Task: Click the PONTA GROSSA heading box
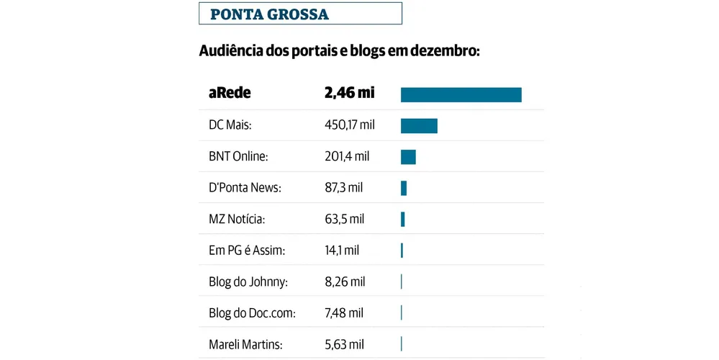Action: pos(300,14)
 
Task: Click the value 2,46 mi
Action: pos(349,94)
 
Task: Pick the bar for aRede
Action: pos(461,94)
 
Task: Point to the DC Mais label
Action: pos(225,125)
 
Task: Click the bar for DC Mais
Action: pos(419,126)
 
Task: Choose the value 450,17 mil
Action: pos(350,125)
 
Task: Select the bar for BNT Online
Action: pos(408,157)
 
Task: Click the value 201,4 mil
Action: pos(347,156)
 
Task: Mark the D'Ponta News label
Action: pos(240,188)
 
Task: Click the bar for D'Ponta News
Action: pos(404,188)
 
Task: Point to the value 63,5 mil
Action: pos(344,219)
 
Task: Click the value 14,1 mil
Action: pos(342,251)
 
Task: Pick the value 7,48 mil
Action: pos(344,313)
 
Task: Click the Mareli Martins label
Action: pos(239,344)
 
